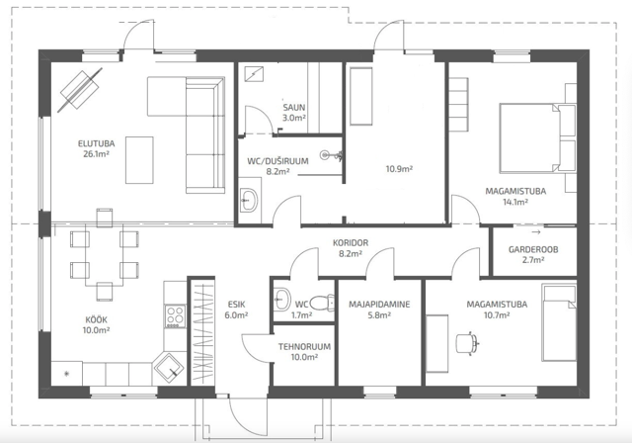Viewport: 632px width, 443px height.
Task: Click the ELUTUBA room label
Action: (x=97, y=143)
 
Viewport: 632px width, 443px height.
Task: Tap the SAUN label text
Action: (x=294, y=108)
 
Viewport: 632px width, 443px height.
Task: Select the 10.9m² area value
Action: (x=399, y=169)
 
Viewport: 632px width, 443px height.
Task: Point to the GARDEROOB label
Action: (x=533, y=249)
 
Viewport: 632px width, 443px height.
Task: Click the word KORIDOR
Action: (x=351, y=243)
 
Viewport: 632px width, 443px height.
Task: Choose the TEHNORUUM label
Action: (x=304, y=346)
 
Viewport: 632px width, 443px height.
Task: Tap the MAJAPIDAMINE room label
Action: (x=379, y=305)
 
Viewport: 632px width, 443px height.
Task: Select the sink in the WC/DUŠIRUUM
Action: (x=248, y=200)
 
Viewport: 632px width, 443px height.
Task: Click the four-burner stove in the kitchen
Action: (x=175, y=315)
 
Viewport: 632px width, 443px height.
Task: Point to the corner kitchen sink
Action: (x=169, y=368)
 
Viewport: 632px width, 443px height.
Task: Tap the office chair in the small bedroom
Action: (x=467, y=342)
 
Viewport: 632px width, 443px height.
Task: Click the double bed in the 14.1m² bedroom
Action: (x=537, y=138)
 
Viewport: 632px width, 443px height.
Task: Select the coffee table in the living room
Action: (x=139, y=160)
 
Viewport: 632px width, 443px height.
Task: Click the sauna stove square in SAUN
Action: (x=254, y=74)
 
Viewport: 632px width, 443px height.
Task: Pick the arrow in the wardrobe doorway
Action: (x=536, y=232)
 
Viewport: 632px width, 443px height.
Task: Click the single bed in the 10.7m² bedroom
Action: (x=559, y=322)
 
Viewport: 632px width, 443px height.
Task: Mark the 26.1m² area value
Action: (x=97, y=153)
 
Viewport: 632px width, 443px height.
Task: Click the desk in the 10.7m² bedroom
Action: (x=437, y=343)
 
